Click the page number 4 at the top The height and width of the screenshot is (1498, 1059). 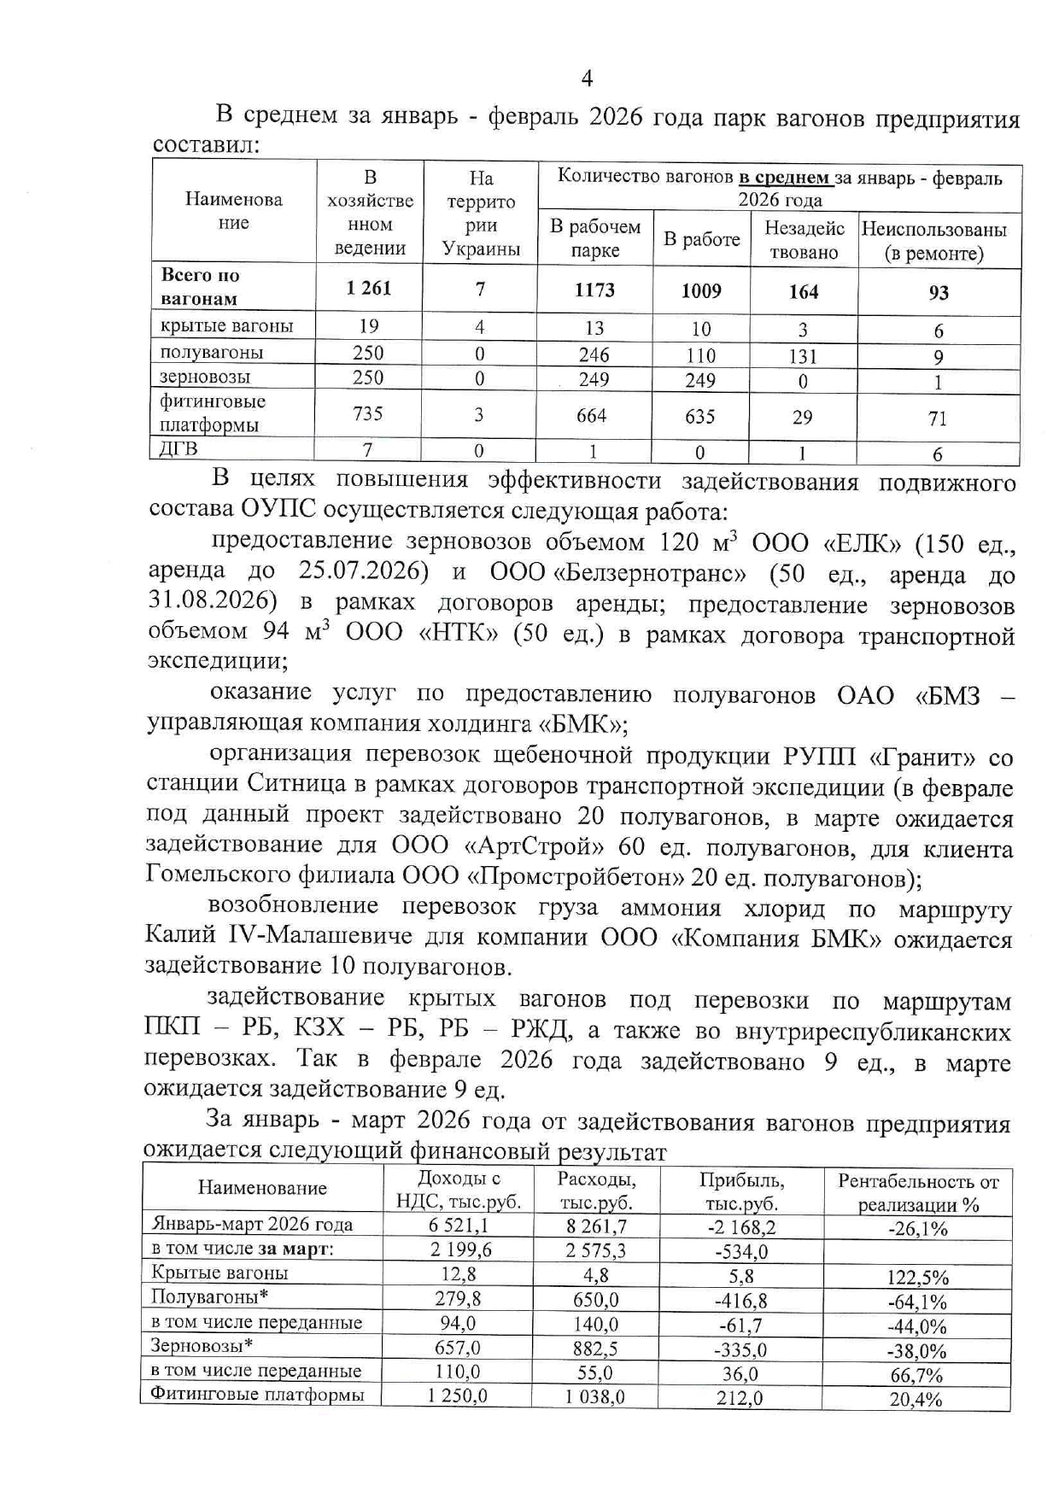(x=587, y=79)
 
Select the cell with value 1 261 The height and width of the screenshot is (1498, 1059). (x=369, y=289)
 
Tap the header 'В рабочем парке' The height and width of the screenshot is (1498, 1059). (x=594, y=238)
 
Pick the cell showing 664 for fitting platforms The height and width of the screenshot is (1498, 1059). (x=592, y=416)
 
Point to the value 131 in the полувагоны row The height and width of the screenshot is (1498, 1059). (x=803, y=355)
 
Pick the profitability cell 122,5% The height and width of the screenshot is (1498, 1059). (x=917, y=1278)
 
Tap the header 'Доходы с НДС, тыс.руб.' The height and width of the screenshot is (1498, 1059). (x=458, y=1191)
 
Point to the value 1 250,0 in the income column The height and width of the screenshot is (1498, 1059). (x=458, y=1396)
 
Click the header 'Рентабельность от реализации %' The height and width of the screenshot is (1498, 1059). (x=917, y=1192)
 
